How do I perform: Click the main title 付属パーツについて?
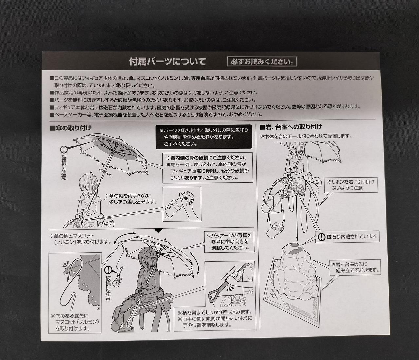pos(168,61)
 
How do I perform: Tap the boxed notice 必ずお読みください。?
pos(262,61)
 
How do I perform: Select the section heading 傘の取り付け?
pos(71,128)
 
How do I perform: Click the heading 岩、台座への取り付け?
pos(291,127)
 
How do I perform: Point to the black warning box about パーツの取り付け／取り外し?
pos(204,137)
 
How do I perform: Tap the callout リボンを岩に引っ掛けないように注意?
pos(351,185)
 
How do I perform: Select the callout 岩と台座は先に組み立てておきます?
pos(355,267)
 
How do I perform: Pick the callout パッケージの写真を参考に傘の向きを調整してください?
pos(229,242)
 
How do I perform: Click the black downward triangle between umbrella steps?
pos(158,231)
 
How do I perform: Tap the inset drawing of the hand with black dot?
pos(182,204)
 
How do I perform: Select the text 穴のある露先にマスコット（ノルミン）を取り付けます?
pos(75,322)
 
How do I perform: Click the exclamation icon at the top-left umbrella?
pos(64,150)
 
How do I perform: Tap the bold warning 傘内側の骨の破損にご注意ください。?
pos(207,158)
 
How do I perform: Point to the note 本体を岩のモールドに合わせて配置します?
pos(306,136)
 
